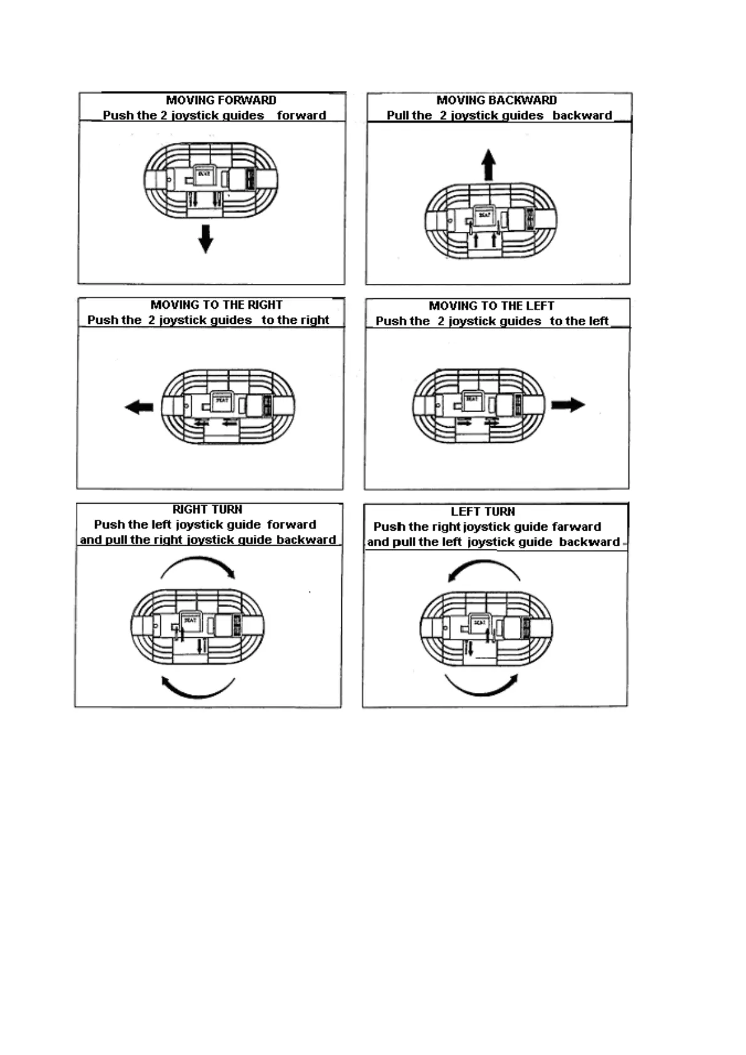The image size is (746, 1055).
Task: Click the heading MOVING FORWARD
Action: pyautogui.click(x=220, y=100)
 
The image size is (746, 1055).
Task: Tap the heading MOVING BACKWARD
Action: pyautogui.click(x=496, y=100)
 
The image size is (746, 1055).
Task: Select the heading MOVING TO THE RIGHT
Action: pyautogui.click(x=216, y=305)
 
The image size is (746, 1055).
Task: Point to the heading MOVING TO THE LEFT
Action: pyautogui.click(x=491, y=306)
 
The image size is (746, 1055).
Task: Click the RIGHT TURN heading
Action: pyautogui.click(x=207, y=510)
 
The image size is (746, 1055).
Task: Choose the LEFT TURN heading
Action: pyautogui.click(x=482, y=512)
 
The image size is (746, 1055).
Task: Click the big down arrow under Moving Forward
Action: pyautogui.click(x=205, y=238)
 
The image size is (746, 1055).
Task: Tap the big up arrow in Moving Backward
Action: pyautogui.click(x=489, y=165)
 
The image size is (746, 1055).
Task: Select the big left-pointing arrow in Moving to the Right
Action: pyautogui.click(x=139, y=407)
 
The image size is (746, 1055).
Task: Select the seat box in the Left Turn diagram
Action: pyautogui.click(x=479, y=624)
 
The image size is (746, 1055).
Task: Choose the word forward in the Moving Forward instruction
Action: pyautogui.click(x=301, y=115)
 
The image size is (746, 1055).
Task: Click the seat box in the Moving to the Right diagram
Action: pyautogui.click(x=222, y=401)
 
